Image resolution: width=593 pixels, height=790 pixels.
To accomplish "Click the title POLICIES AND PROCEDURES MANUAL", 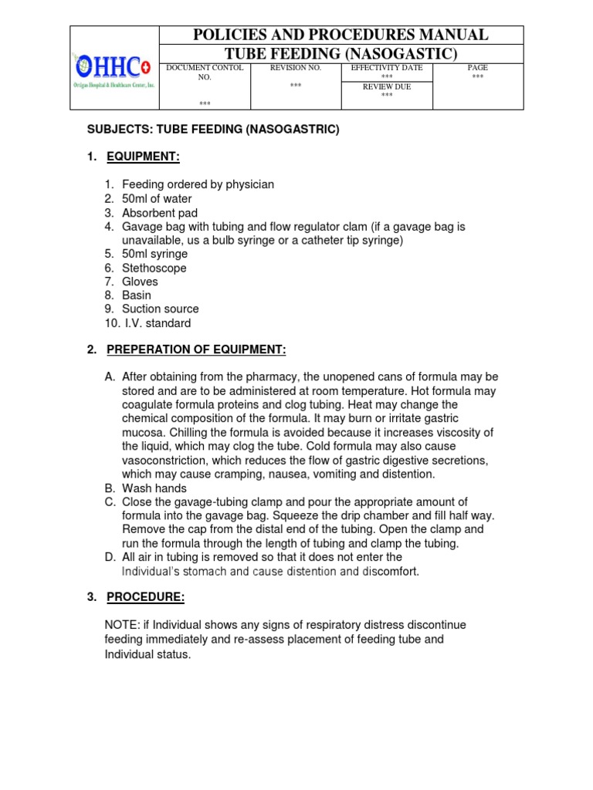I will click(x=341, y=35).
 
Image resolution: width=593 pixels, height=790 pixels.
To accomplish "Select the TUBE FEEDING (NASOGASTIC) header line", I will click(x=341, y=53).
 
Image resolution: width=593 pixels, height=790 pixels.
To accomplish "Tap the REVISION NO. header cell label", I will click(x=295, y=68).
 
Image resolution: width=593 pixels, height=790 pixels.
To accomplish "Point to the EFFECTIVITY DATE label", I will click(x=386, y=68).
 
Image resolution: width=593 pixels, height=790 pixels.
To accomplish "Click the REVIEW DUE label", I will click(x=386, y=87).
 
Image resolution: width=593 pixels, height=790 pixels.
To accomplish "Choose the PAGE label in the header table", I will click(x=478, y=68).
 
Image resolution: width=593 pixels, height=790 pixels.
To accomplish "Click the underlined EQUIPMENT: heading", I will click(x=143, y=157).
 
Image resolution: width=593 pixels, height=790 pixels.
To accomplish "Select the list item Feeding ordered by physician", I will click(x=198, y=184).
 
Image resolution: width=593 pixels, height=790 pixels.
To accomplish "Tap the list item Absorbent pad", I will click(x=160, y=213).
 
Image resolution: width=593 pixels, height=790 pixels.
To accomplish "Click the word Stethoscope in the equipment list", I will click(x=154, y=268).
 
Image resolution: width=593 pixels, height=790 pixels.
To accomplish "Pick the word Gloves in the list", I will click(x=140, y=282).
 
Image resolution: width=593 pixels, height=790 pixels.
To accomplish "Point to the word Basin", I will click(x=137, y=295).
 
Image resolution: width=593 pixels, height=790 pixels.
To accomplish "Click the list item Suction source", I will click(x=161, y=309).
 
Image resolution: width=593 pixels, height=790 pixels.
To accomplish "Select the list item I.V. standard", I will click(x=158, y=323).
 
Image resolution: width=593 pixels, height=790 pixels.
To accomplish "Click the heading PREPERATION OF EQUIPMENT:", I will click(x=196, y=350).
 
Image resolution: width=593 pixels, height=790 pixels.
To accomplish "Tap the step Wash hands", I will click(x=154, y=488).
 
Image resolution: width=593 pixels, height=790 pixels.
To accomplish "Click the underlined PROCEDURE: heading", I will click(x=145, y=597).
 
